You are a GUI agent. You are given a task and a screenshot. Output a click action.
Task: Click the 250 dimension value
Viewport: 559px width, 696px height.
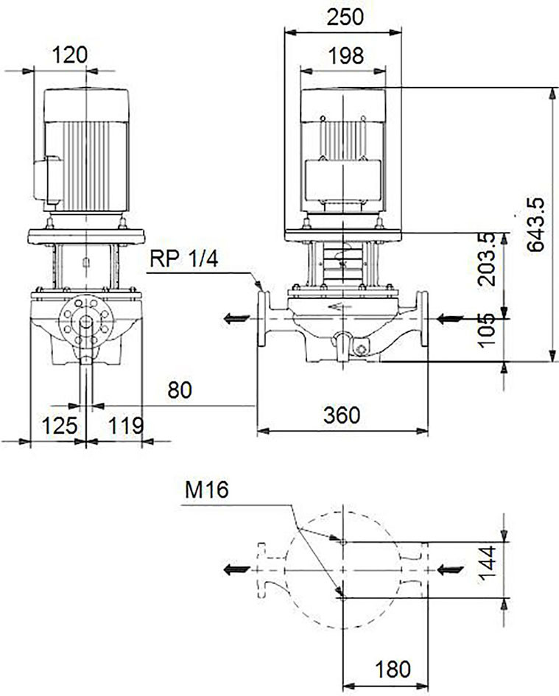[x=345, y=17]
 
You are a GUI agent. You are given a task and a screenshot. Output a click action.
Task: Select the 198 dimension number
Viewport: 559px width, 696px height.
[x=346, y=56]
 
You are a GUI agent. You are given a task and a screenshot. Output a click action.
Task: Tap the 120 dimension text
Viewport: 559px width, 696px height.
[x=70, y=55]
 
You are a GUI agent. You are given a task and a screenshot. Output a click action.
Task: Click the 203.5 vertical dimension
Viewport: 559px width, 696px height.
[x=486, y=259]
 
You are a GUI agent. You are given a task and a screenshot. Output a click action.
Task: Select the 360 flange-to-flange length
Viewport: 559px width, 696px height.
[x=342, y=416]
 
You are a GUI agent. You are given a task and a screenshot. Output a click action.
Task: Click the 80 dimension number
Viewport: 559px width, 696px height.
[x=180, y=390]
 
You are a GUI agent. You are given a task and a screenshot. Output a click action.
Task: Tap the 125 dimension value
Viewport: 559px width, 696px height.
[x=60, y=426]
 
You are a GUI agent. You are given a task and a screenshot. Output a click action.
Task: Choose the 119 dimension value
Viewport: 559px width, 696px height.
[x=126, y=426]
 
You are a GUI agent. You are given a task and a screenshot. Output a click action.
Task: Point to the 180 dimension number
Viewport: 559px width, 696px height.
[x=393, y=669]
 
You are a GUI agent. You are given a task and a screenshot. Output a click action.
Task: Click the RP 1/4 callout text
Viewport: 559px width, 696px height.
[x=184, y=259]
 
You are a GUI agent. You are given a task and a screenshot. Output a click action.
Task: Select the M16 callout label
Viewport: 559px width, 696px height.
[x=206, y=491]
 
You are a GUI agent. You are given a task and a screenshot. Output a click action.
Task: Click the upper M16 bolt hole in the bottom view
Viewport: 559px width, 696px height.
[x=342, y=541]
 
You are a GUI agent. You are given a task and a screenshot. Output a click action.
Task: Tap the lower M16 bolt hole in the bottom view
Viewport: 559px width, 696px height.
[x=342, y=598]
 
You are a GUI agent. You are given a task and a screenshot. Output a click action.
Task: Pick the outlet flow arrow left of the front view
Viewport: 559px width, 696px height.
[x=236, y=318]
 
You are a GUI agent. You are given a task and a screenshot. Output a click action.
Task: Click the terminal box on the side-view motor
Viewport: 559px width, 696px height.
[x=48, y=180]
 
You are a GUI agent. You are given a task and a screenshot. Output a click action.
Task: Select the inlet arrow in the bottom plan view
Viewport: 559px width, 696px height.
[x=450, y=570]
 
